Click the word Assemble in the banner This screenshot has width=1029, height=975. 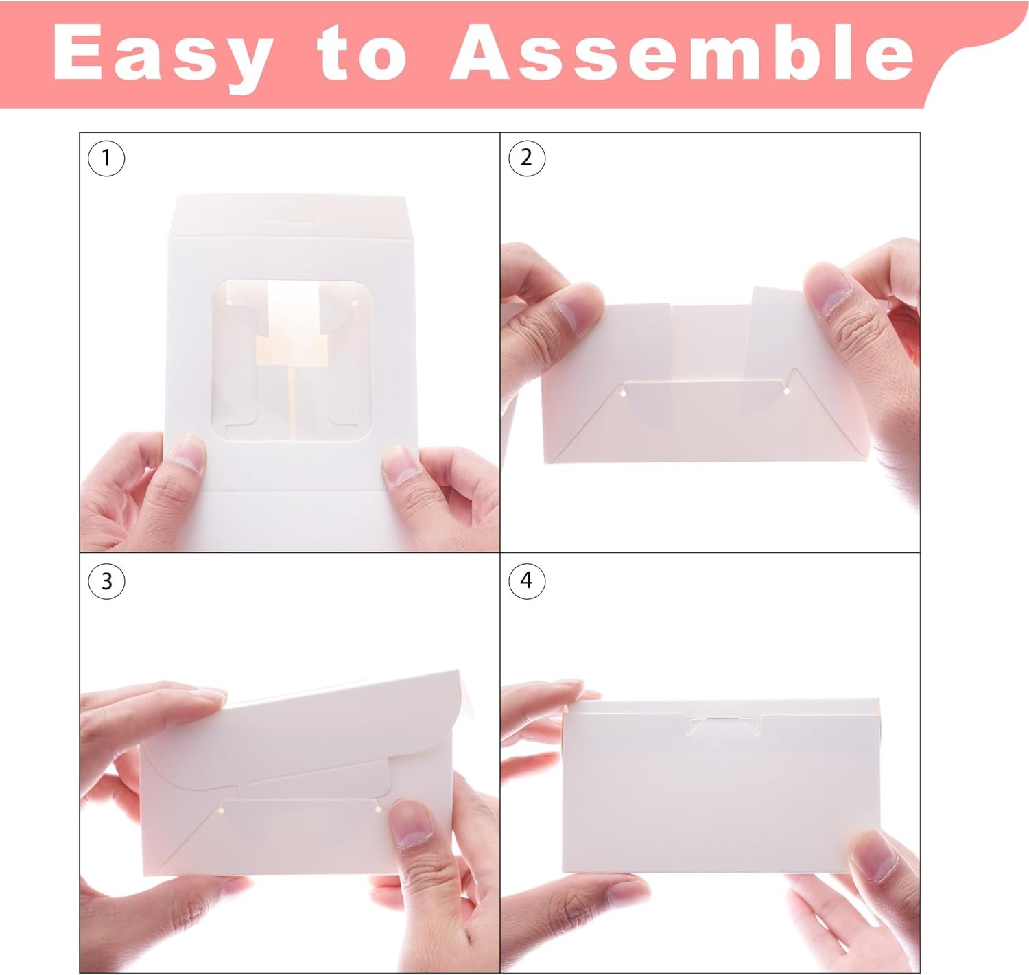(682, 52)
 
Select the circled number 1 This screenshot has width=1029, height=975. (106, 158)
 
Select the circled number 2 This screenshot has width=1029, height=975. (527, 158)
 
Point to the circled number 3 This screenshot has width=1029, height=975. (106, 580)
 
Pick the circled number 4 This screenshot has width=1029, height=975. (527, 580)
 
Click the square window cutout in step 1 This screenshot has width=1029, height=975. (292, 361)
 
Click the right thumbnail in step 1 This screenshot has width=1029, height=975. (400, 465)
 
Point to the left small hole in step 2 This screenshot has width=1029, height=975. (623, 392)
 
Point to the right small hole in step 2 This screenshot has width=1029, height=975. (787, 391)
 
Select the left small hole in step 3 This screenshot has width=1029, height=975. (221, 810)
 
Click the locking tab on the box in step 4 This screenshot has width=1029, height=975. (724, 726)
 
